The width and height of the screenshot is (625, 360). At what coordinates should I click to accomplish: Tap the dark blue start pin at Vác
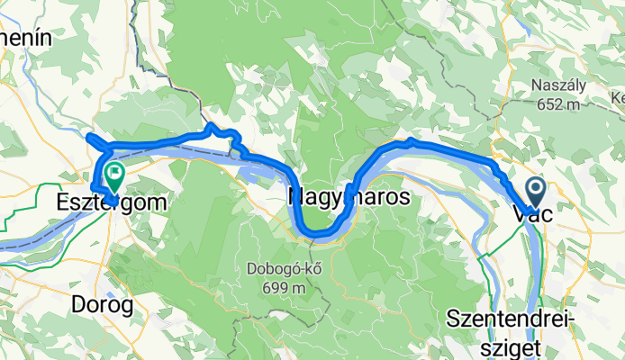(x=536, y=191)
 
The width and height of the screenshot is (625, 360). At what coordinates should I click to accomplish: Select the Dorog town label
(x=103, y=304)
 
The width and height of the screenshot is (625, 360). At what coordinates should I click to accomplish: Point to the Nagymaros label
(x=349, y=195)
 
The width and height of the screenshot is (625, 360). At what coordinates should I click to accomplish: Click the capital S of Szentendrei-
(x=453, y=320)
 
